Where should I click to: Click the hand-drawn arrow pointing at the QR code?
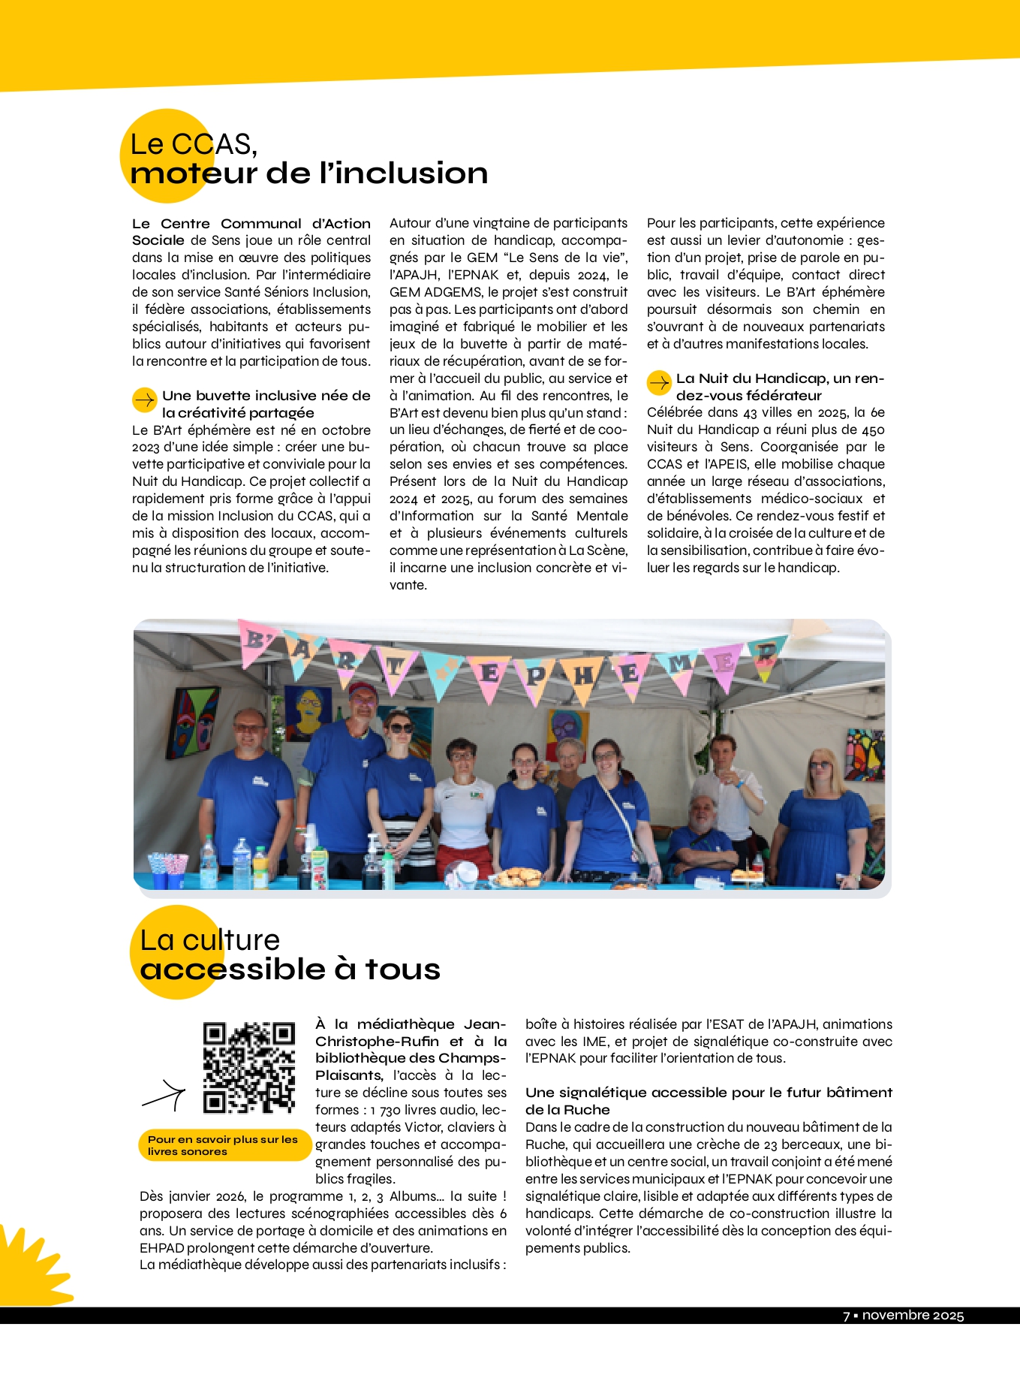click(x=164, y=1097)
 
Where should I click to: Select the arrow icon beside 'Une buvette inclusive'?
click(x=144, y=400)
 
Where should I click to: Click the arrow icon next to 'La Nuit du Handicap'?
click(x=659, y=383)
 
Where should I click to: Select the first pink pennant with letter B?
click(x=254, y=641)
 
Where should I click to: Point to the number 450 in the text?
click(x=873, y=430)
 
